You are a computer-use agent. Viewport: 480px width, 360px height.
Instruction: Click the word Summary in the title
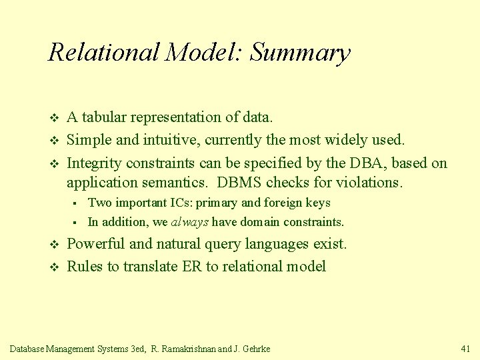(300, 53)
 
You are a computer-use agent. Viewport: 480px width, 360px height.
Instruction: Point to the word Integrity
(93, 163)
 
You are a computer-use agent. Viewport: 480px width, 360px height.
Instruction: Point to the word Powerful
(93, 244)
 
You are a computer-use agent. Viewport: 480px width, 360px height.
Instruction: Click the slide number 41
(465, 348)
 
